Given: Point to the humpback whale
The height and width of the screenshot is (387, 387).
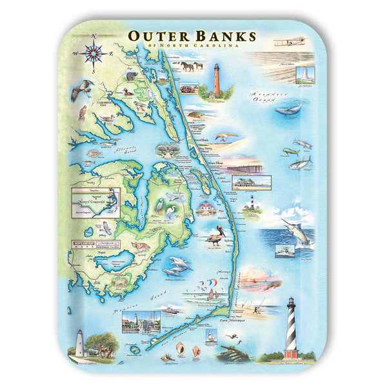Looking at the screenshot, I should (x=288, y=110).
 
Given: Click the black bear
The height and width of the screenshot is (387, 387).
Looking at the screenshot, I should (x=132, y=76).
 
